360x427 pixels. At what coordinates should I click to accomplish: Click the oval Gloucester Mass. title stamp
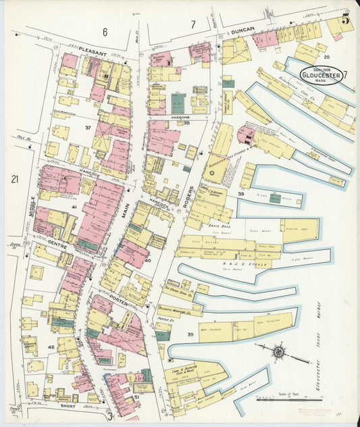coord(322,74)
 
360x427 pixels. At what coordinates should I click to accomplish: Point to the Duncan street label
coord(241,30)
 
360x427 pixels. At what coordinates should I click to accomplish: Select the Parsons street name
coord(180,118)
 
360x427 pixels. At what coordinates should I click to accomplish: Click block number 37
coord(88,127)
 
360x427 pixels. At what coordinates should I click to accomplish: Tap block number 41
coord(74,206)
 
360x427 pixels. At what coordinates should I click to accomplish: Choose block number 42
coord(51,347)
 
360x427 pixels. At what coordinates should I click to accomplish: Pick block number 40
coord(147,259)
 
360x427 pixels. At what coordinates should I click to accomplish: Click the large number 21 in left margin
coord(14,179)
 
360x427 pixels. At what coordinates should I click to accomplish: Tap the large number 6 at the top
coord(105,32)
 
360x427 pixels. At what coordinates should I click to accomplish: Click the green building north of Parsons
coord(177,103)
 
